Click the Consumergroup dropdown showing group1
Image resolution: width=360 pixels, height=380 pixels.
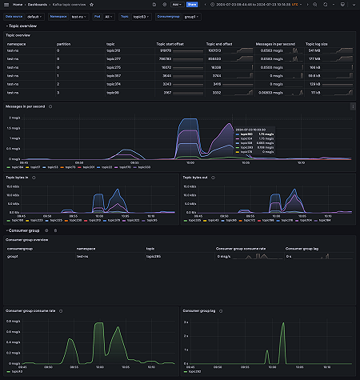point(192,15)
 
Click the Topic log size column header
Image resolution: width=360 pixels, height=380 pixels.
point(318,44)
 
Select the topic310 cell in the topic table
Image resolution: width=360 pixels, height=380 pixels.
point(115,51)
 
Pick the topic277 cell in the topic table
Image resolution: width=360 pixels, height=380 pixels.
point(115,59)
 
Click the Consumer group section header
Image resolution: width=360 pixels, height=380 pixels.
point(25,230)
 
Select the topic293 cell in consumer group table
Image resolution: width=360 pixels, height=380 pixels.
point(154,256)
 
